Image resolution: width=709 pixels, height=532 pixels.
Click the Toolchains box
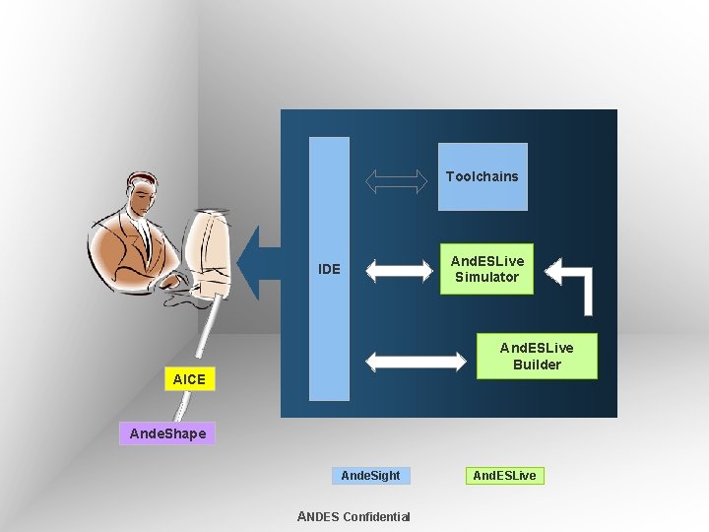coord(483,176)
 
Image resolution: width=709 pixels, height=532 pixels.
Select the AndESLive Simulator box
coord(486,269)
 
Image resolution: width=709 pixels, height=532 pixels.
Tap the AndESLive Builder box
coord(537,356)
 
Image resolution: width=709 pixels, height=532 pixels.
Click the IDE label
coord(329,269)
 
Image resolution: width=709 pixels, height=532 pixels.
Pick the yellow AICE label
coord(189,378)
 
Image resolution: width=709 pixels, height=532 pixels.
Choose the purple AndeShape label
coord(168,433)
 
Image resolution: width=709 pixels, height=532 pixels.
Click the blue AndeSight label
coord(370,476)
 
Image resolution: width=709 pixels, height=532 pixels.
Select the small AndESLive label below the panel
coord(505,476)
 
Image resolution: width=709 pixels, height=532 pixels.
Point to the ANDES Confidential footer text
coord(354,516)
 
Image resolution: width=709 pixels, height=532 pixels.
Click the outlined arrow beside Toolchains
coord(397,179)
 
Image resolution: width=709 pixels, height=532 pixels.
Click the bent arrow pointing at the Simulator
coord(577,282)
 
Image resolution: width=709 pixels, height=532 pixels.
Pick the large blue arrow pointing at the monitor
coord(259,263)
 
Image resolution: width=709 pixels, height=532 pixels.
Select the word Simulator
coord(486,277)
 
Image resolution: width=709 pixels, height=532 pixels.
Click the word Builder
coord(537,365)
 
